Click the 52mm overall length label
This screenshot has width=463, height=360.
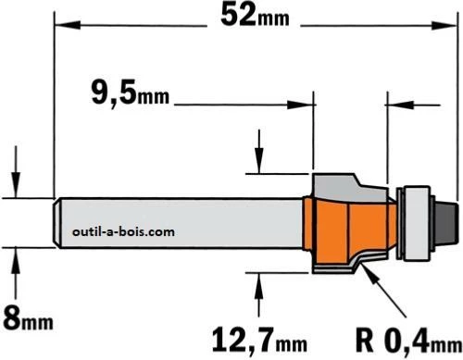255,16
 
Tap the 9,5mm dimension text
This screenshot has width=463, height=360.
131,93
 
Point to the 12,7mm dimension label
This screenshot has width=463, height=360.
259,341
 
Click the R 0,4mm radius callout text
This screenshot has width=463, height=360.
408,341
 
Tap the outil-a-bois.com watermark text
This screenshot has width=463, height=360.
123,231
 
